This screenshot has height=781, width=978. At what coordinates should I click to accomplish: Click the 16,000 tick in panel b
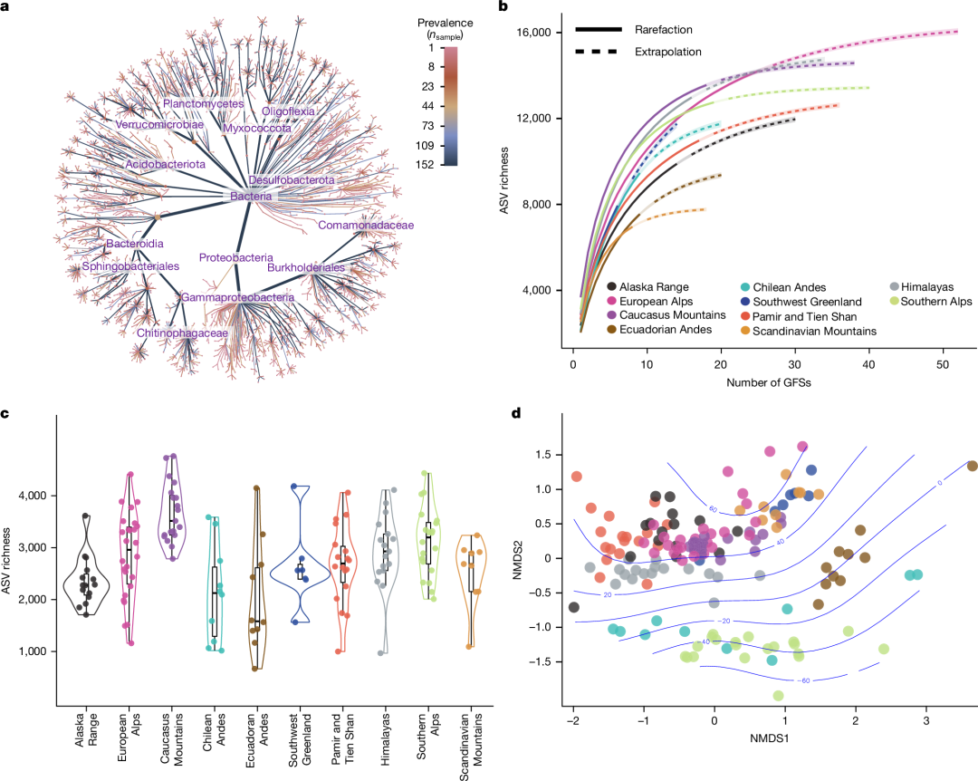(x=533, y=33)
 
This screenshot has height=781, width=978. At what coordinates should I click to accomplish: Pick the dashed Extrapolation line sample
(x=596, y=52)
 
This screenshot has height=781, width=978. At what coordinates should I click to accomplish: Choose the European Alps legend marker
(x=613, y=301)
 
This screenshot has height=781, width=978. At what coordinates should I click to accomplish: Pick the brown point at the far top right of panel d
(x=972, y=466)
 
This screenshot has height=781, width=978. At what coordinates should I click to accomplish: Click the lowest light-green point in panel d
(x=779, y=695)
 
